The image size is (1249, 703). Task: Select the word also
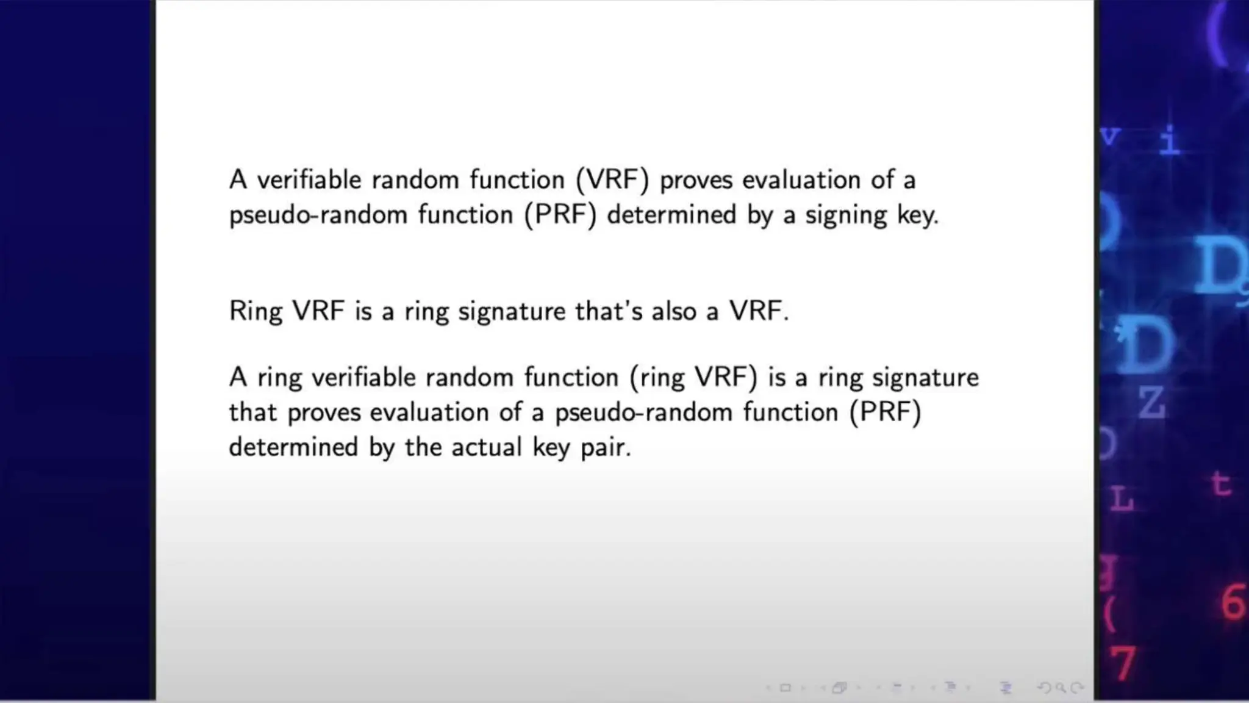[x=673, y=311]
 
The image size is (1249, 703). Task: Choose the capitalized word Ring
[x=256, y=311]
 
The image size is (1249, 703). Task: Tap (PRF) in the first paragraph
[x=560, y=215]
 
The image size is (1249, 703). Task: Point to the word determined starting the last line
[x=293, y=447]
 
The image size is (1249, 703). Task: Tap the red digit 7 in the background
[x=1123, y=662]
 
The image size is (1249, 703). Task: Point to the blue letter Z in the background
[x=1151, y=403]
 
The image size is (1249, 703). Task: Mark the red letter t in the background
[x=1220, y=485]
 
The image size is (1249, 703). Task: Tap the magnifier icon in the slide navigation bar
[x=1061, y=688]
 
